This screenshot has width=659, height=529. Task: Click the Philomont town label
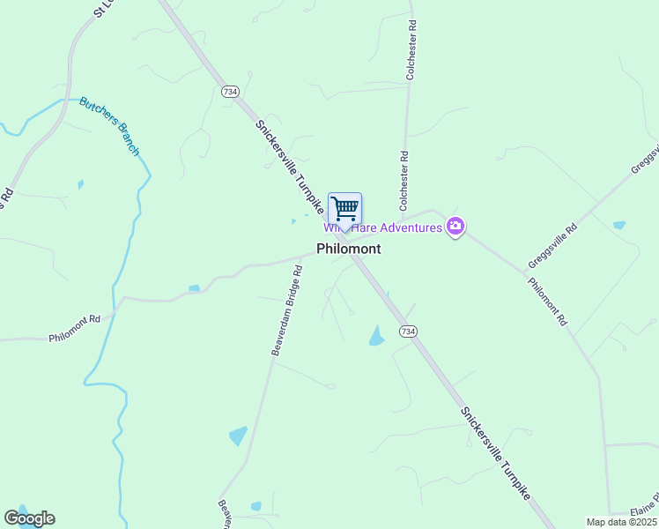click(349, 249)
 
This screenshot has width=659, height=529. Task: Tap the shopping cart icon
click(344, 209)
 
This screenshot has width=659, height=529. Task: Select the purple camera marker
click(455, 227)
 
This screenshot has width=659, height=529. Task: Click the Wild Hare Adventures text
click(388, 228)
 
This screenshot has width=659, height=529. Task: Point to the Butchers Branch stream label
click(109, 125)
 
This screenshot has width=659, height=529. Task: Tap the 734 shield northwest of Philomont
click(230, 92)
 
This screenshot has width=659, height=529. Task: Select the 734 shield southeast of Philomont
click(407, 331)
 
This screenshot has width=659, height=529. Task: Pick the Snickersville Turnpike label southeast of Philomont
click(495, 454)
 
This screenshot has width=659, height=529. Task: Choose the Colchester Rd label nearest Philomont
click(404, 181)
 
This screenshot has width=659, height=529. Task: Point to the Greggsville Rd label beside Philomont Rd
click(552, 246)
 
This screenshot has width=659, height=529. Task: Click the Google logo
click(29, 518)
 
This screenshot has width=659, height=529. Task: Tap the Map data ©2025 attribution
click(621, 522)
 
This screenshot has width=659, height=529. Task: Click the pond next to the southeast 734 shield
click(377, 336)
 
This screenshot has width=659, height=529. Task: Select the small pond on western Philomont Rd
click(194, 287)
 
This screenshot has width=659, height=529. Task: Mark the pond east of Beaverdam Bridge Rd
click(238, 436)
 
